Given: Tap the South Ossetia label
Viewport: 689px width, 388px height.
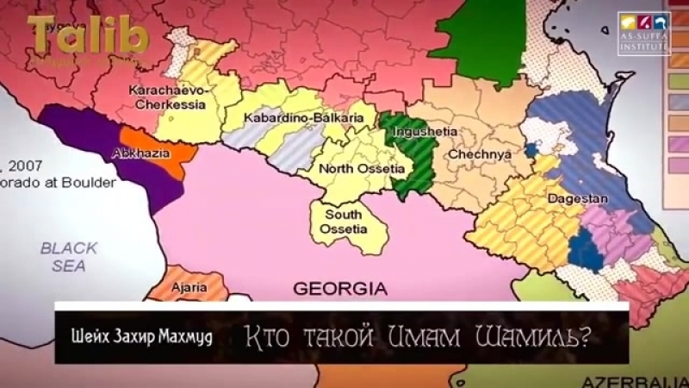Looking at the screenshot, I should click(344, 222).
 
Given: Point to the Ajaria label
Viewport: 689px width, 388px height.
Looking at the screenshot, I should click(188, 286).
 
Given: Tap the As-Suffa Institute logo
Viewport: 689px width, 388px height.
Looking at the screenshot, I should click(643, 34).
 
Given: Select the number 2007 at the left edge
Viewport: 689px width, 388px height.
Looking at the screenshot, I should click(17, 161).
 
